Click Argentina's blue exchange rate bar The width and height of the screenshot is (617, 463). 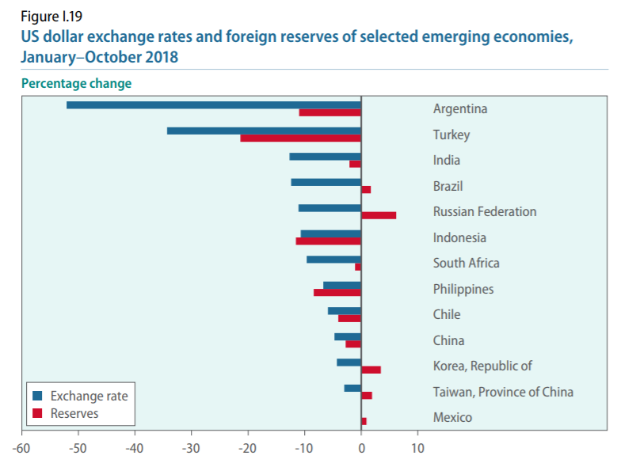click(x=214, y=104)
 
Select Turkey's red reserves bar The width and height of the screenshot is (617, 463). click(x=301, y=139)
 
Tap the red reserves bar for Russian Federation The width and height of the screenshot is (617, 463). click(x=379, y=215)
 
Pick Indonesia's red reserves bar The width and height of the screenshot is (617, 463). click(x=329, y=241)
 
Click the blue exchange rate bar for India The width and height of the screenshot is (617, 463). click(x=326, y=157)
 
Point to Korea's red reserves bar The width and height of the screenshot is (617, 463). click(x=371, y=370)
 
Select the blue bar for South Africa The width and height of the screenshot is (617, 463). click(x=333, y=260)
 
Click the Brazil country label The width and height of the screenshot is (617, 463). click(x=448, y=187)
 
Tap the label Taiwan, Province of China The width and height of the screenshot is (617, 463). click(x=503, y=392)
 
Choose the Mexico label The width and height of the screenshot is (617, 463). click(x=452, y=417)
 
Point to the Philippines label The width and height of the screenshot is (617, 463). click(x=463, y=289)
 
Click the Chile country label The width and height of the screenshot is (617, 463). click(x=446, y=314)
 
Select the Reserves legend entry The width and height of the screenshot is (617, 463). click(x=74, y=412)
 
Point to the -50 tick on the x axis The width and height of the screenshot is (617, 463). click(x=78, y=447)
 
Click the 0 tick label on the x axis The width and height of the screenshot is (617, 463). click(x=361, y=447)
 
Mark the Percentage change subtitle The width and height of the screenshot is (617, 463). click(x=76, y=83)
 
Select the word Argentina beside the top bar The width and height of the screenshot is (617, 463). click(x=460, y=109)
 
